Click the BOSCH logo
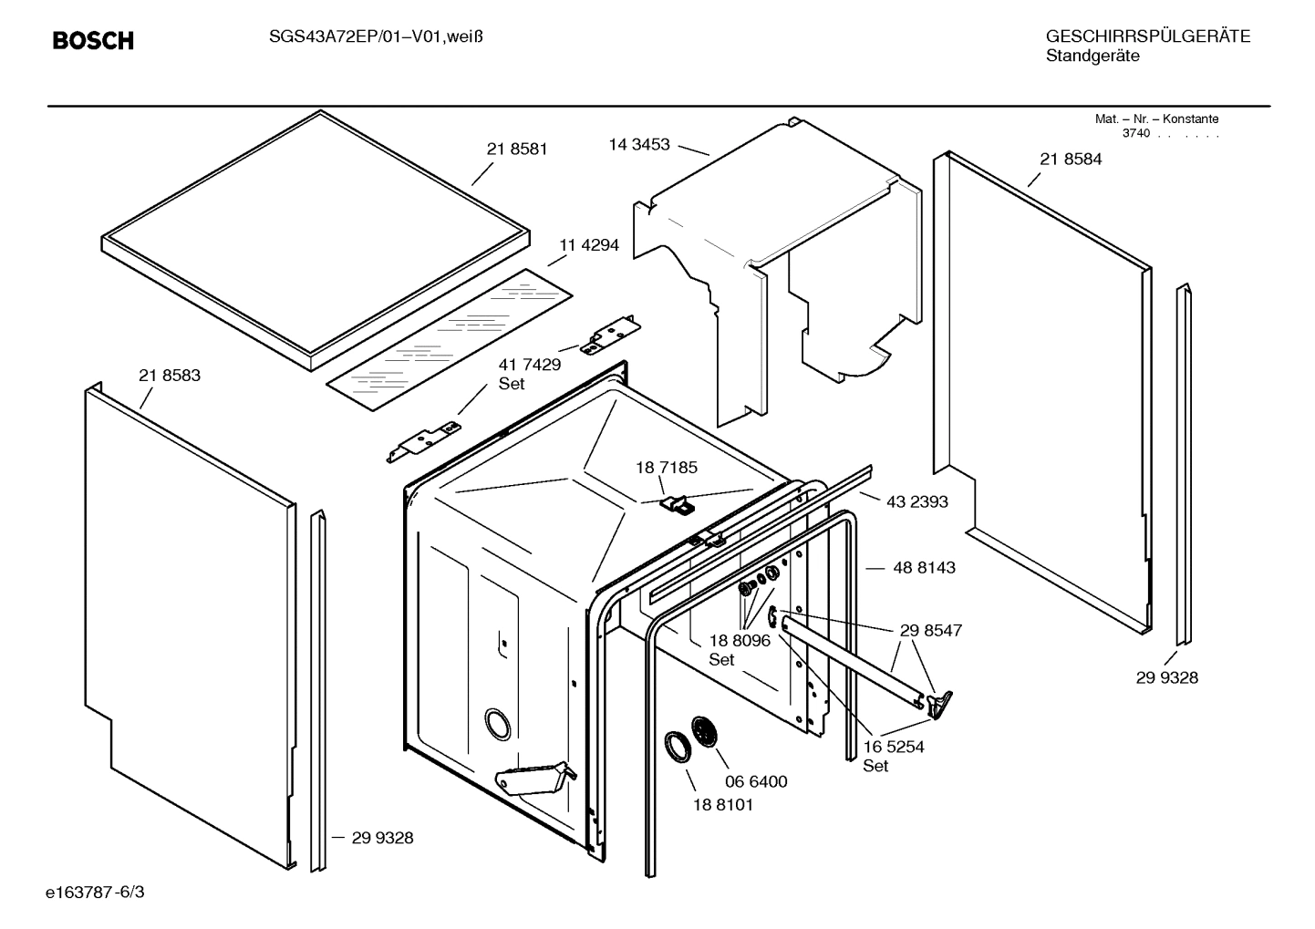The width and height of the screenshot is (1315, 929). [x=93, y=40]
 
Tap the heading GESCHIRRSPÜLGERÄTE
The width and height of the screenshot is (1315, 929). [x=1147, y=36]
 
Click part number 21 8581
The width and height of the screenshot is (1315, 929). [x=517, y=149]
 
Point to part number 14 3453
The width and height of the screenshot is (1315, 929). [x=639, y=144]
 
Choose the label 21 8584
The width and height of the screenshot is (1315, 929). [x=1071, y=159]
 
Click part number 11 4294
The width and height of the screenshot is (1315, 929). [x=589, y=245]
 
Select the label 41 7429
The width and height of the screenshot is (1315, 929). [x=529, y=364]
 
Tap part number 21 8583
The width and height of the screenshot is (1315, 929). [x=170, y=375]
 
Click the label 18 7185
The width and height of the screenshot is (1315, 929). [x=667, y=467]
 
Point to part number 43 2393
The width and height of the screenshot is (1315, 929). [x=916, y=501]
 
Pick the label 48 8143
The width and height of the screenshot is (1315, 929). [x=924, y=567]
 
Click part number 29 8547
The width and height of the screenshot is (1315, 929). [x=930, y=630]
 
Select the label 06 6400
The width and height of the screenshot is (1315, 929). [x=756, y=781]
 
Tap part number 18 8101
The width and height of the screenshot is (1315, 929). [x=723, y=805]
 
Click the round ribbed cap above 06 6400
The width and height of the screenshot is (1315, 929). [x=706, y=732]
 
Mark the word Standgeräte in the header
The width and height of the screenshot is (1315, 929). [x=1092, y=57]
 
